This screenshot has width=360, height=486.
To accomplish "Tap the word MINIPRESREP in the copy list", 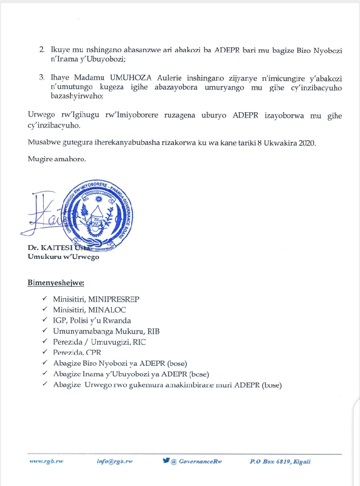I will (x=111, y=299).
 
